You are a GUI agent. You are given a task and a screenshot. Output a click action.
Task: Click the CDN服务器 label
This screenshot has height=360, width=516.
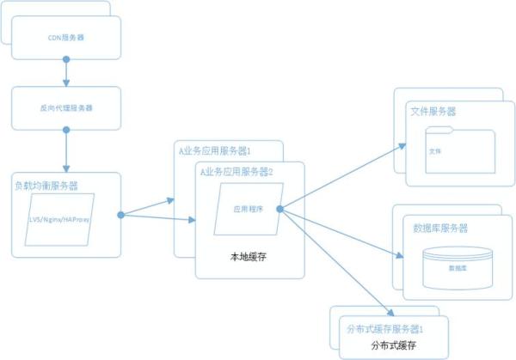tap(66, 39)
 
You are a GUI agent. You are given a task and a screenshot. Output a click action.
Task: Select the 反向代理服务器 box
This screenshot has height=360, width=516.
tap(66, 108)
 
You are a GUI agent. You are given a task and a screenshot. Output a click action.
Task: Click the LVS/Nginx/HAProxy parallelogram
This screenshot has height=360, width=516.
tap(61, 218)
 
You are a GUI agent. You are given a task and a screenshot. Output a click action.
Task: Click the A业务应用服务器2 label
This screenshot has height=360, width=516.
tap(236, 172)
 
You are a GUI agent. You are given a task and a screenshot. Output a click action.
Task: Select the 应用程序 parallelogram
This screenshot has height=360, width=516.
tap(250, 209)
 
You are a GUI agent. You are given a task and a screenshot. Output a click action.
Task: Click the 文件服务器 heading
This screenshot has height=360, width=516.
tap(434, 112)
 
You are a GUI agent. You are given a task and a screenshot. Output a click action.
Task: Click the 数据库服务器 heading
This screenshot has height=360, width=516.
tap(441, 228)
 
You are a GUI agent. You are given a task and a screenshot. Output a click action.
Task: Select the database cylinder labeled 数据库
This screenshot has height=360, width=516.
tap(458, 266)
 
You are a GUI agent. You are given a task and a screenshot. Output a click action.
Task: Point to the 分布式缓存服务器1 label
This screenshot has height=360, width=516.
tap(384, 329)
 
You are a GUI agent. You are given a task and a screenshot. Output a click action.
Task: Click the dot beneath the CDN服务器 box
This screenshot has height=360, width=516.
tap(66, 60)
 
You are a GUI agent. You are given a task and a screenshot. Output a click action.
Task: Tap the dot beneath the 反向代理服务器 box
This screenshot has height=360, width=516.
tap(66, 131)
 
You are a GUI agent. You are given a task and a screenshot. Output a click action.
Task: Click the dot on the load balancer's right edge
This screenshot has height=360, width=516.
tap(121, 214)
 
